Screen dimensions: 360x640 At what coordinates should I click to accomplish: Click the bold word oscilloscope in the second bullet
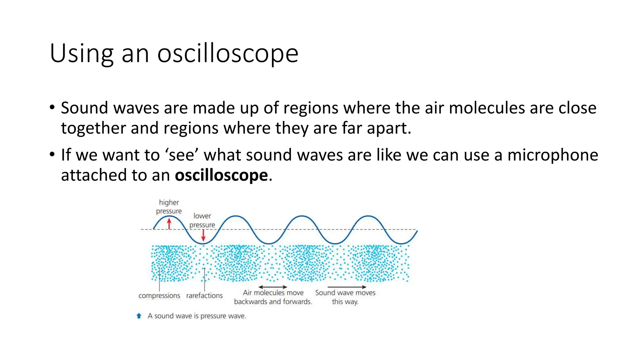[x=221, y=175]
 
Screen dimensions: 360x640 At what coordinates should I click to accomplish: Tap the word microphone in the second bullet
[x=552, y=155]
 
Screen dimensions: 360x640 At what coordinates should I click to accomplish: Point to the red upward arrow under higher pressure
[x=169, y=223]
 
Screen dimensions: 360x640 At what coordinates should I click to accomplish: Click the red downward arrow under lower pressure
[x=203, y=235]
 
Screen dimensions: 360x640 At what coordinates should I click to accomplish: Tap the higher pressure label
[x=169, y=207]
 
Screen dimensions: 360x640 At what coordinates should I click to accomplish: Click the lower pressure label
[x=202, y=220]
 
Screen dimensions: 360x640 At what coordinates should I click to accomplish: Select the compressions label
[x=159, y=296]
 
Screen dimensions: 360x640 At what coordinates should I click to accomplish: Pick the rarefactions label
[x=204, y=296]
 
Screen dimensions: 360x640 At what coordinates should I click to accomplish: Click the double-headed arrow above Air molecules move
[x=272, y=287]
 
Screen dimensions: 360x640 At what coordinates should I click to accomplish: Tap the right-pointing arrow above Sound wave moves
[x=347, y=287]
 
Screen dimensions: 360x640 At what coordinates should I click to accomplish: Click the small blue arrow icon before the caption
[x=139, y=316]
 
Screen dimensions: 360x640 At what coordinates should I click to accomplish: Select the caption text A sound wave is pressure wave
[x=197, y=316]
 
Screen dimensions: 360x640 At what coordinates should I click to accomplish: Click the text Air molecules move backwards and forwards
[x=273, y=297]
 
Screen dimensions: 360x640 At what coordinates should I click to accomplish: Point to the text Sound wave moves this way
[x=345, y=297]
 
